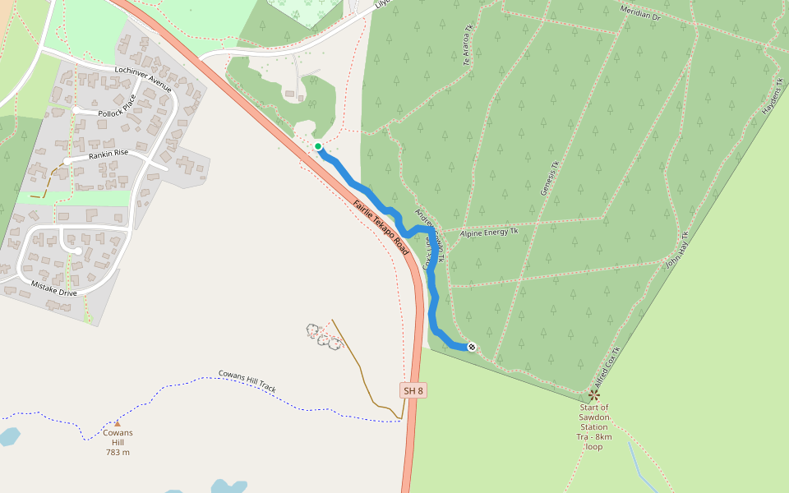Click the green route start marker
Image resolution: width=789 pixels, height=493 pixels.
[x=318, y=146]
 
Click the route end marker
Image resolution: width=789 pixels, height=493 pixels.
[x=472, y=347]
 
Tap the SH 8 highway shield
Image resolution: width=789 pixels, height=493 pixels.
[x=413, y=390]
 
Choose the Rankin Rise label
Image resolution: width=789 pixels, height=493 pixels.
[x=109, y=154]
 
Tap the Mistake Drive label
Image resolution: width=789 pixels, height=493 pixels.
[x=53, y=288]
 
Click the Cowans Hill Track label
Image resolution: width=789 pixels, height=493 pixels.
[x=247, y=381]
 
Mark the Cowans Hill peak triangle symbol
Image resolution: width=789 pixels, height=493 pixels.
[x=117, y=424]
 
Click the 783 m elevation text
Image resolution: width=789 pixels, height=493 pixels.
[x=118, y=452]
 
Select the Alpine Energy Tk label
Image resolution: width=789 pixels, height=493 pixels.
[x=489, y=233]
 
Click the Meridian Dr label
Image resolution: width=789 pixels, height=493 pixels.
[x=642, y=15]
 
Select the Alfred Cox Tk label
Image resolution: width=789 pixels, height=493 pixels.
[x=607, y=367]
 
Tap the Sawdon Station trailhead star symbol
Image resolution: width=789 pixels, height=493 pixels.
[x=594, y=395]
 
